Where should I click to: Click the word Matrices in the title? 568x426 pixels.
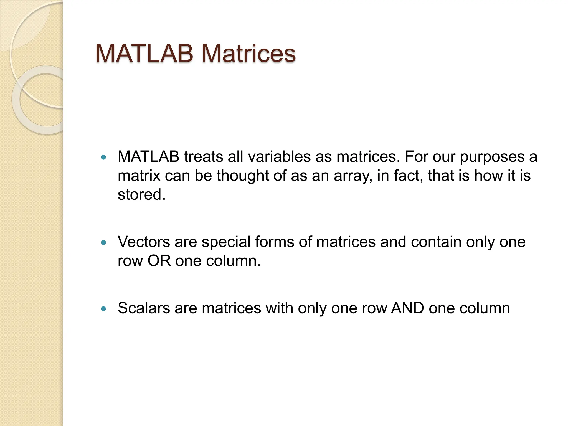click(248, 54)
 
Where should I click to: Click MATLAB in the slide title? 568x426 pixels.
click(144, 54)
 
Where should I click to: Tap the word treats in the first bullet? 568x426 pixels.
click(204, 157)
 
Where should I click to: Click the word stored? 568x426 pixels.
click(141, 194)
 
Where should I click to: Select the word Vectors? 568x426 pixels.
click(144, 242)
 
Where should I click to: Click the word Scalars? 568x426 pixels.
click(144, 308)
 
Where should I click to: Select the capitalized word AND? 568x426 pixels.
click(407, 308)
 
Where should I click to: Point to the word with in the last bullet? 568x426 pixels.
click(279, 308)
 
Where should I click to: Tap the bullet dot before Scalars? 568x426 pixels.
click(104, 309)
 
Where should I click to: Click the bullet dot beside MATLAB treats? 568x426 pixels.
click(104, 158)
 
